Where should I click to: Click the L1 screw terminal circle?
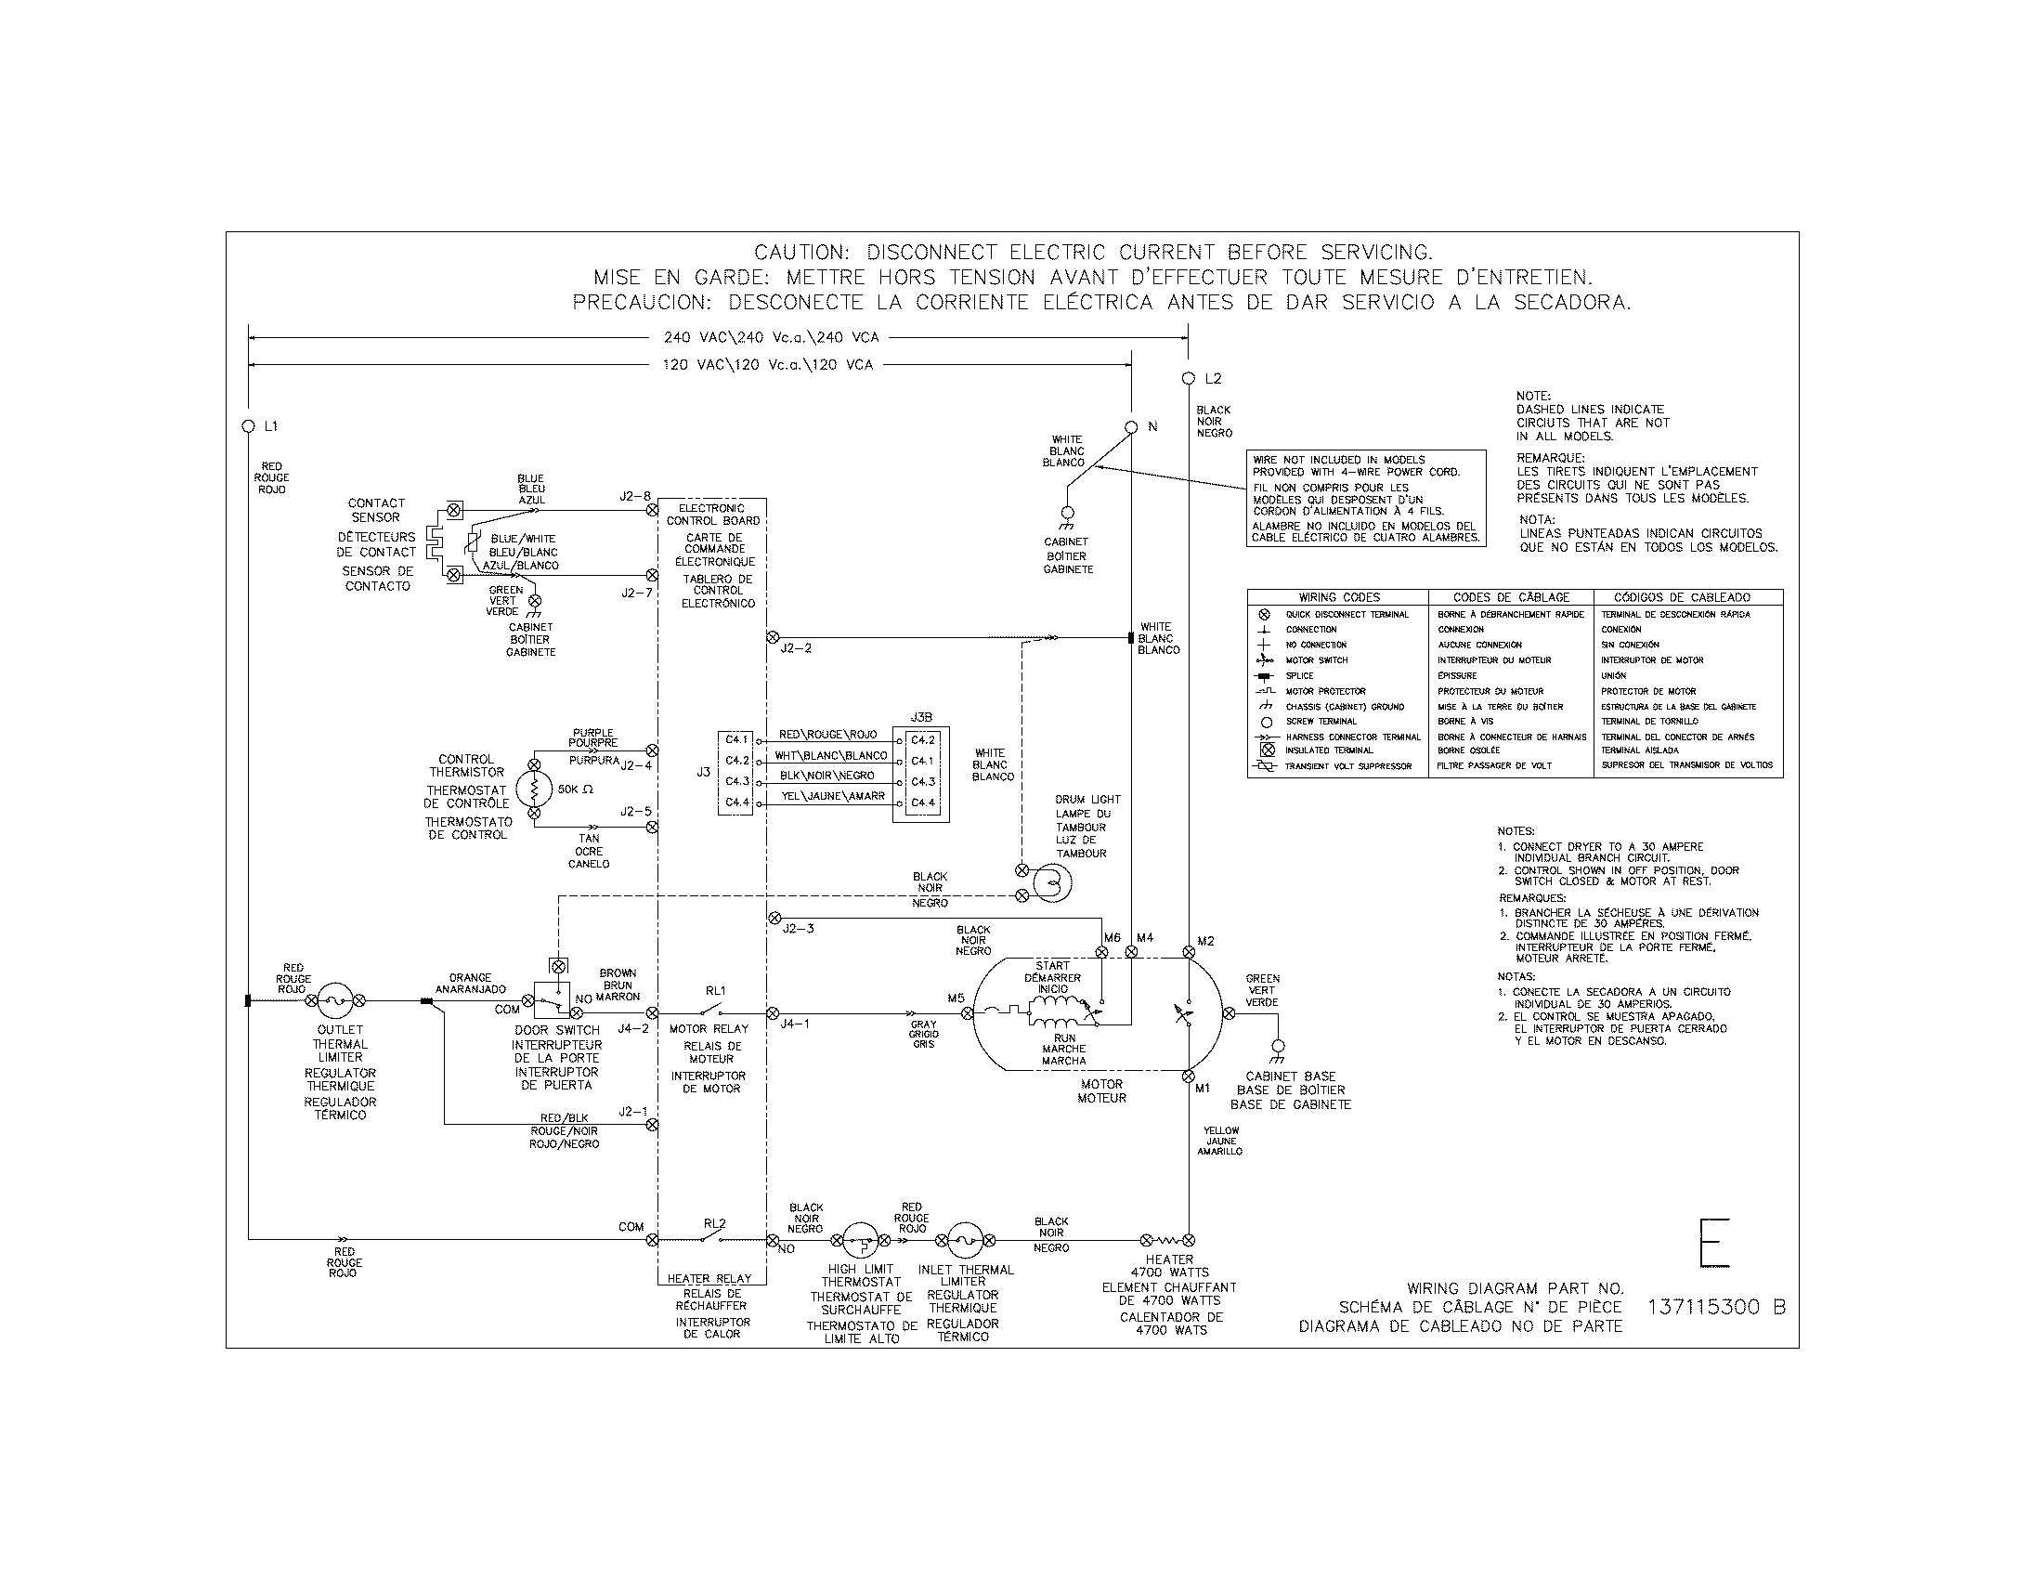249,426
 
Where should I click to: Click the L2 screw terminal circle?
1188,379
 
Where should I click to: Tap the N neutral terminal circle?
1131,427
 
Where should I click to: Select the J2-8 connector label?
635,497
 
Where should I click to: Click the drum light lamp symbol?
1051,882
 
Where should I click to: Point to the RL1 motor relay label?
716,991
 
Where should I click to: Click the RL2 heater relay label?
715,1222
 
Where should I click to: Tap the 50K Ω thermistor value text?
576,789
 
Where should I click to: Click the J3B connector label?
920,717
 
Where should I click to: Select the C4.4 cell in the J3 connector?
736,803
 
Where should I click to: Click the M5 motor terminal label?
955,998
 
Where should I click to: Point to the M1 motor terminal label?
1203,1089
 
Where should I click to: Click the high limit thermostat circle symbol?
859,1241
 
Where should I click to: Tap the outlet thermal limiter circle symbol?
335,1001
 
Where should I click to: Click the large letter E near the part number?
1714,1242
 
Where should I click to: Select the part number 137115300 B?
1715,1308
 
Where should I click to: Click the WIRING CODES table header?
1338,597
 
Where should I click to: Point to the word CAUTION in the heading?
800,253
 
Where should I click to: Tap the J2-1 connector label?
632,1112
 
